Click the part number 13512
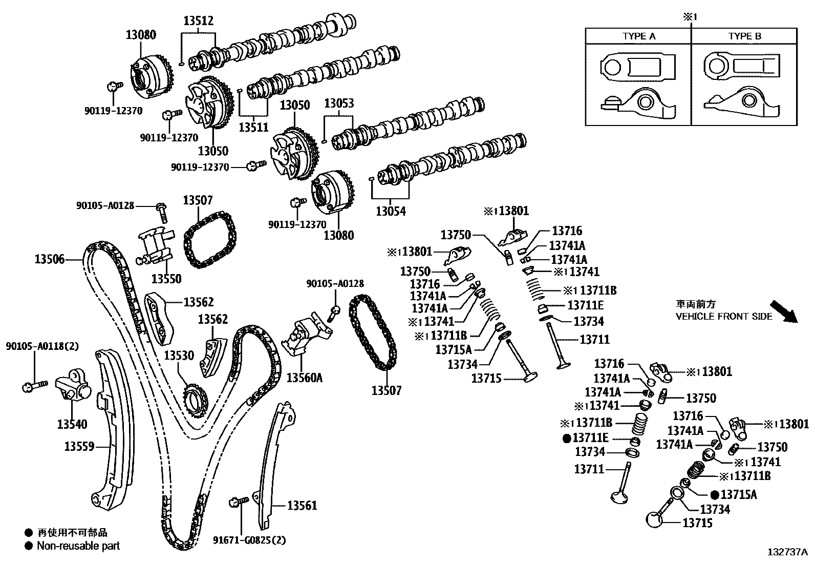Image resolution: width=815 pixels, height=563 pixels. click(x=199, y=21)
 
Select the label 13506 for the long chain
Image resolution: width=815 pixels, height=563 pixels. click(x=50, y=259)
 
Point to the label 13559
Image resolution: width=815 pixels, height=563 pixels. click(x=79, y=447)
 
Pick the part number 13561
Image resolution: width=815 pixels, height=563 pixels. click(x=302, y=506)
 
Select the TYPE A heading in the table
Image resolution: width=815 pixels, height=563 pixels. click(x=638, y=36)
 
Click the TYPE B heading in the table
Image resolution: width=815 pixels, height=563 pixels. click(x=744, y=36)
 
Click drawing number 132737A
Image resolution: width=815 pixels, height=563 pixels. click(x=787, y=552)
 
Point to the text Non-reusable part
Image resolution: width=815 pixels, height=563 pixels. click(x=78, y=546)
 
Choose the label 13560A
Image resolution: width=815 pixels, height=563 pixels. click(x=304, y=378)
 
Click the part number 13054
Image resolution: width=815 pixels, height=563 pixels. click(x=391, y=211)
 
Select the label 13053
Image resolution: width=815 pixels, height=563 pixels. click(x=339, y=103)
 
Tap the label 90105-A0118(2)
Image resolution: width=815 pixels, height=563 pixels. click(x=42, y=346)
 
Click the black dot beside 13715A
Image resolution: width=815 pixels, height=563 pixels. click(x=715, y=495)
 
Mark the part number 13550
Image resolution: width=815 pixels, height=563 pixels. click(x=166, y=279)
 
